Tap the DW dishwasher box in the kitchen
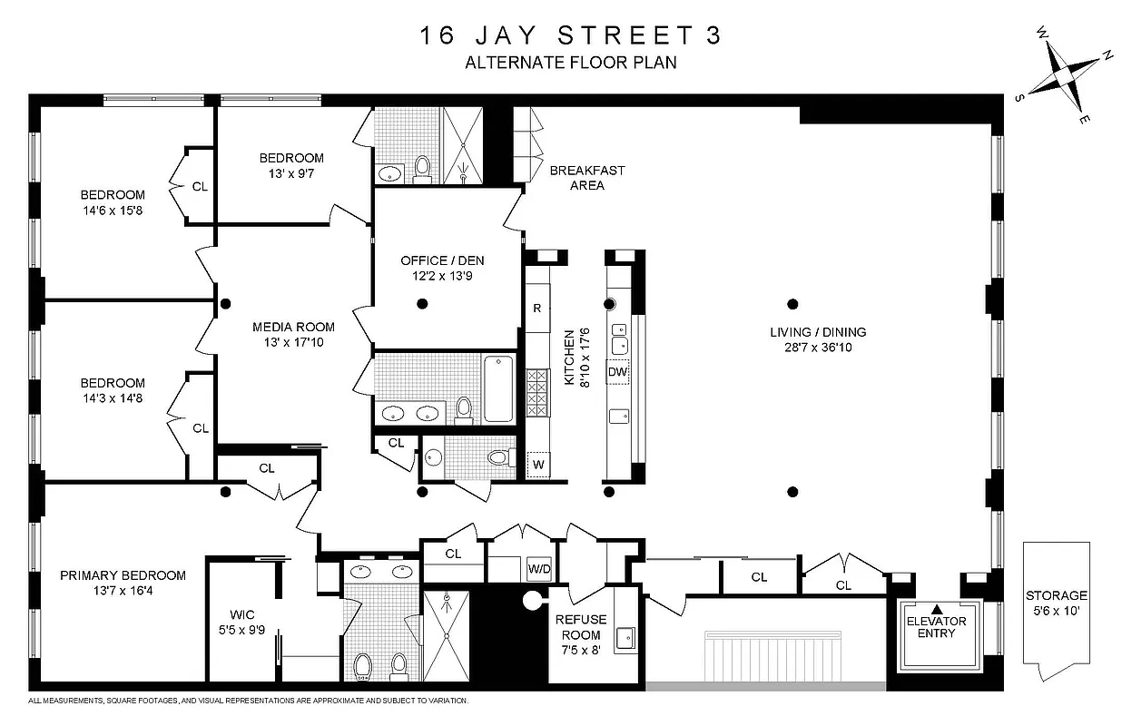click(x=618, y=372)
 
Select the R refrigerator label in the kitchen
click(x=537, y=308)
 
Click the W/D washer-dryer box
click(x=540, y=570)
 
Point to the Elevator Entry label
click(x=937, y=627)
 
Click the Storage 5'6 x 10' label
click(x=1056, y=603)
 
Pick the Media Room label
click(x=292, y=334)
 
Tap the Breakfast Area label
click(x=587, y=178)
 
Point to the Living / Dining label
click(x=818, y=339)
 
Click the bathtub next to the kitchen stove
click(x=498, y=388)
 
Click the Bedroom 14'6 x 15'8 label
click(x=113, y=201)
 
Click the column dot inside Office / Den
click(x=422, y=304)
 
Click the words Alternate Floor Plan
click(x=571, y=63)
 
